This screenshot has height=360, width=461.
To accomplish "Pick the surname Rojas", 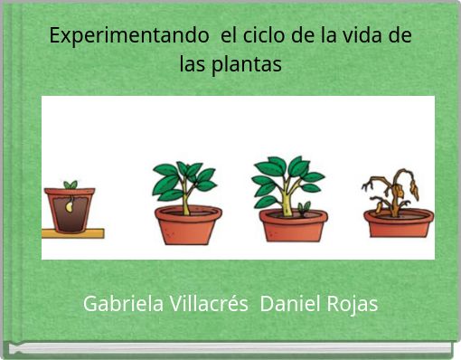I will point(351,304).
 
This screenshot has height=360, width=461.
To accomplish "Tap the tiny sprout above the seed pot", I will point(71,185).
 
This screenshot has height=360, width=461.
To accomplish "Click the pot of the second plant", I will point(188,226).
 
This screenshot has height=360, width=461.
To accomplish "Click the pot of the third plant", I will point(293,225).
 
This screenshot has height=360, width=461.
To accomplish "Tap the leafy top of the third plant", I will point(287,173).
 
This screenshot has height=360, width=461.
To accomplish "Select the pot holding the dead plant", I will point(399,223).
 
